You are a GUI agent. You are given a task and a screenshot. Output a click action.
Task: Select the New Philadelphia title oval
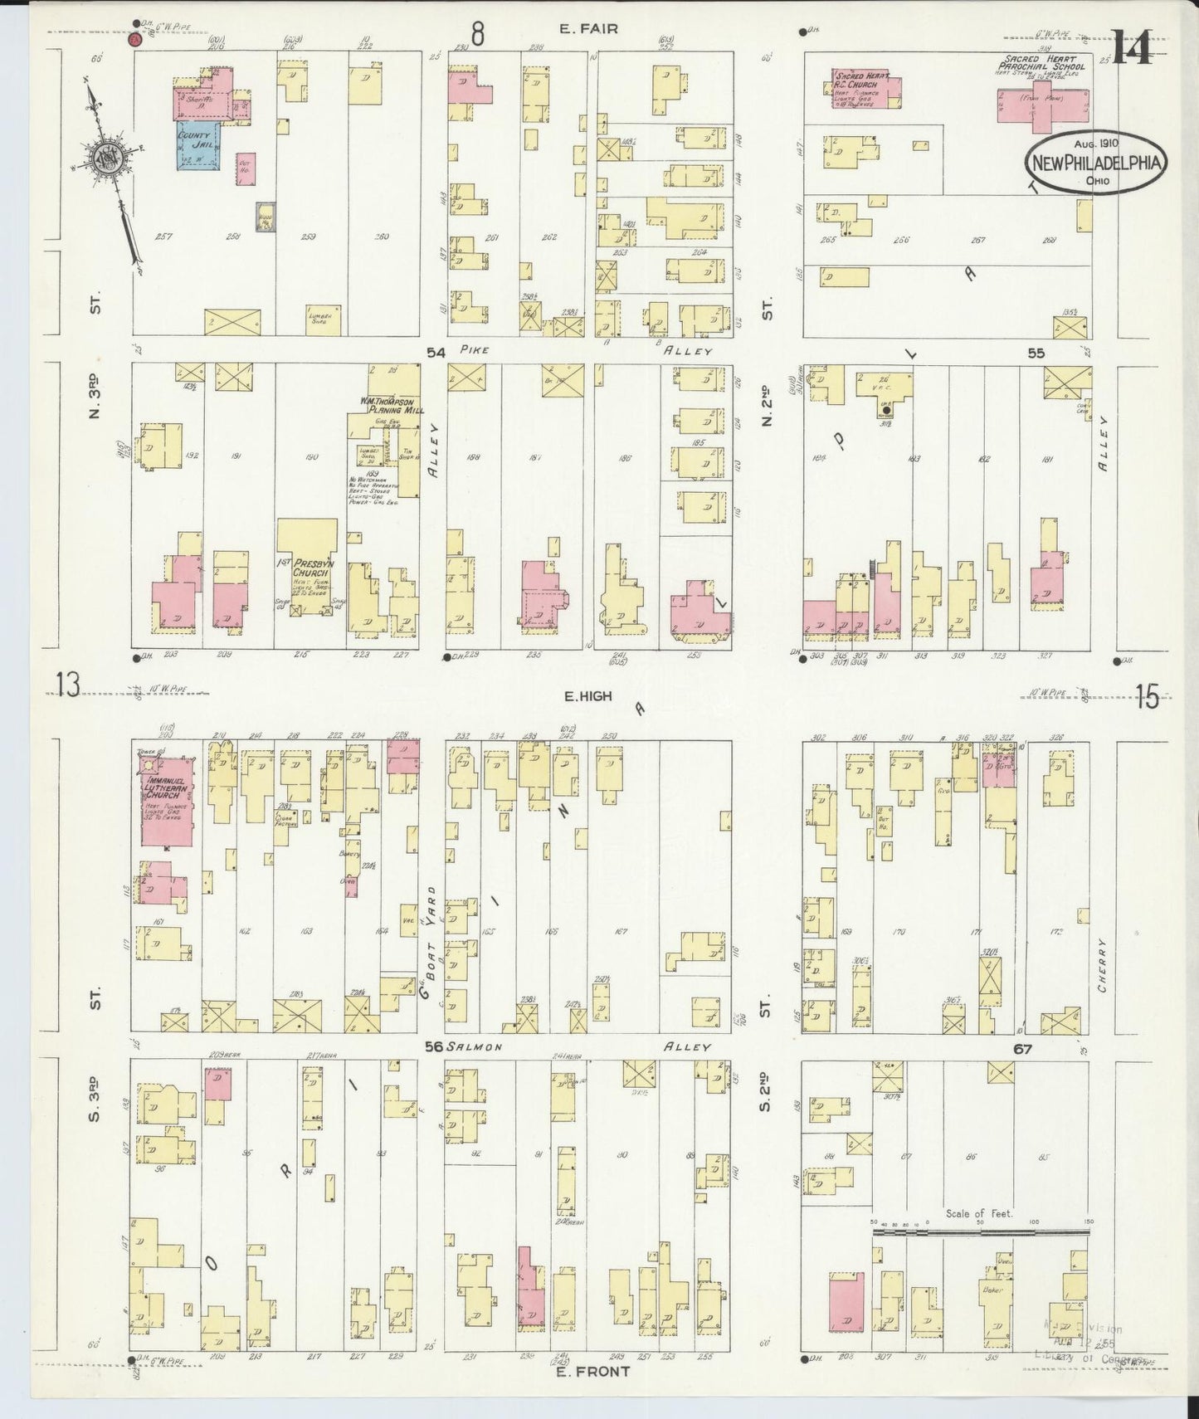click(1095, 163)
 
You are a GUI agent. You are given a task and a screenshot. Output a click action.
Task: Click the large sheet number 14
click(1132, 48)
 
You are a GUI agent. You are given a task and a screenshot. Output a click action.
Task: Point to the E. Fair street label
click(588, 29)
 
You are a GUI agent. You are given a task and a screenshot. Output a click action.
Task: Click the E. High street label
click(587, 696)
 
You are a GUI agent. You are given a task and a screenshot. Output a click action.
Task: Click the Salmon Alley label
click(474, 1047)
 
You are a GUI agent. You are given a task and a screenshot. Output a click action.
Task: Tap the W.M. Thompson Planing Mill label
click(392, 405)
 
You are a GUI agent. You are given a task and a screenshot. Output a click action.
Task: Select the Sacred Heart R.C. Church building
click(867, 89)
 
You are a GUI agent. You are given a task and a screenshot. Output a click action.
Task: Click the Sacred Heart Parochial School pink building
click(1041, 108)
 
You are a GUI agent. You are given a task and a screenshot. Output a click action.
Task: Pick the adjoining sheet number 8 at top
click(477, 33)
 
